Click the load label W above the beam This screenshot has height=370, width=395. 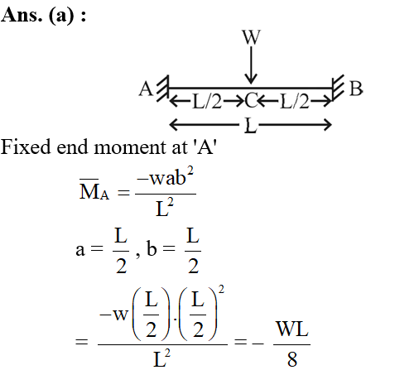click(251, 37)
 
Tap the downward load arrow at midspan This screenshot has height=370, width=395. click(251, 65)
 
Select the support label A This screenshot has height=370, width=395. click(146, 89)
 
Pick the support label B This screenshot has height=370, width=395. click(356, 89)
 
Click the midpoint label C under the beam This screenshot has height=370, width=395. click(251, 101)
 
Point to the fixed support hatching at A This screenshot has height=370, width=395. click(163, 89)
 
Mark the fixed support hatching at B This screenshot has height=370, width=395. click(338, 88)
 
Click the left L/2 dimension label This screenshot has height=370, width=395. click(207, 102)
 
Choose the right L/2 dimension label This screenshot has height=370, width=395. click(294, 102)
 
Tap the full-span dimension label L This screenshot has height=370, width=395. click(250, 126)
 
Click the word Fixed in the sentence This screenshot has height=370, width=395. click(26, 147)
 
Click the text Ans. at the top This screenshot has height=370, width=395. click(22, 14)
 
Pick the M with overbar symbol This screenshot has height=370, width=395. click(89, 190)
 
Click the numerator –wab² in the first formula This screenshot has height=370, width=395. click(166, 177)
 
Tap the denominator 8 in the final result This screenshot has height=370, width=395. click(292, 359)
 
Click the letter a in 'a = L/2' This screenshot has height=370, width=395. click(80, 250)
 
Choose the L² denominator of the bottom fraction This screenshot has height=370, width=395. click(161, 358)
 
